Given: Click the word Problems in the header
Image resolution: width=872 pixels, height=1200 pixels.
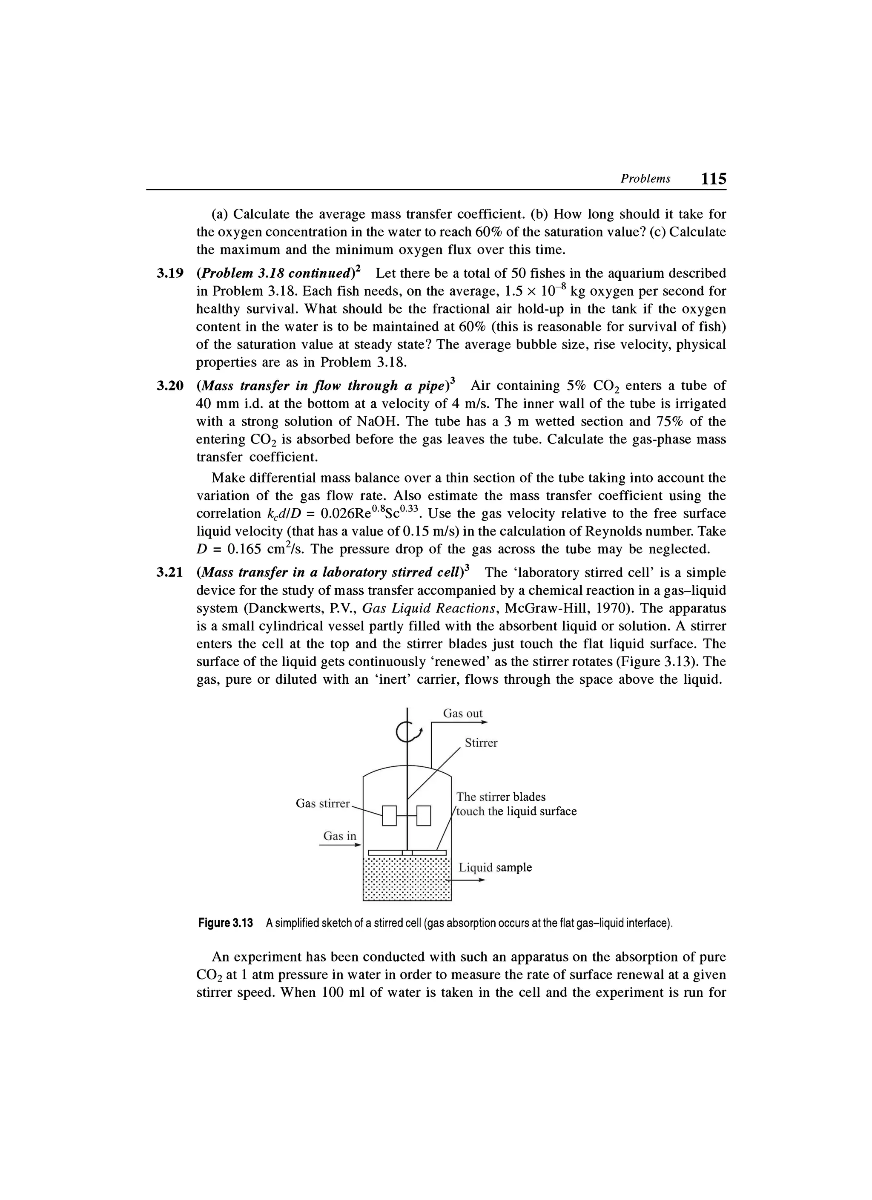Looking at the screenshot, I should [645, 179].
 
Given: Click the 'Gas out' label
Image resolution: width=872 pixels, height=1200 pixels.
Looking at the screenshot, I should [463, 713].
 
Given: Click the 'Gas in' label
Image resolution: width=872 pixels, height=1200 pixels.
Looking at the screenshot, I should [339, 836].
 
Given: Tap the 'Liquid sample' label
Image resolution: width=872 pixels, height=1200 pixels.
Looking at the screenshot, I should [495, 868].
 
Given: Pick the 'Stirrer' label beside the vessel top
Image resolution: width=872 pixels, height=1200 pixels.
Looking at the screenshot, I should [481, 743].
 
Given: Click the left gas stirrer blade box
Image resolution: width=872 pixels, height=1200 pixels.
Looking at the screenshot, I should [390, 815].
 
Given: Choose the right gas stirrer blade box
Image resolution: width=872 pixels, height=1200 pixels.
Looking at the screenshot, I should [424, 815].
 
